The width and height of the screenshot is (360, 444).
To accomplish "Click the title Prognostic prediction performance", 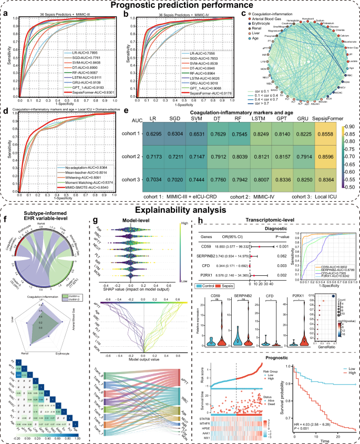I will coord(180,5).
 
